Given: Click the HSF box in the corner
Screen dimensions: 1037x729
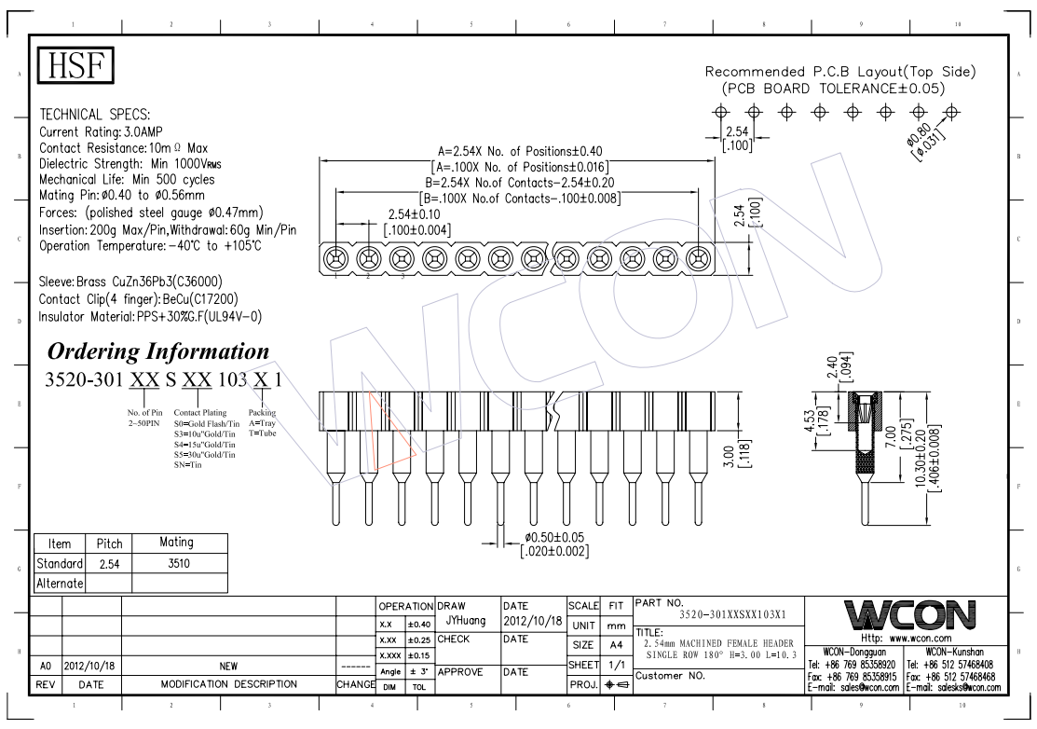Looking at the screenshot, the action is tap(75, 65).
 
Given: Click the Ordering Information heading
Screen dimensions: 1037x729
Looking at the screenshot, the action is tap(158, 351).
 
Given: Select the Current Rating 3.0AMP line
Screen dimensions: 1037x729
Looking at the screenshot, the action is tap(101, 131).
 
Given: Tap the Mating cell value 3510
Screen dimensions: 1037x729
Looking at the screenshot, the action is tap(179, 564).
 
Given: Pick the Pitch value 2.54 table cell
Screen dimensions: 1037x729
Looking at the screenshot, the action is tap(109, 564).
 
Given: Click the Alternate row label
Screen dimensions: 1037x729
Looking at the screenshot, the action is tap(60, 584).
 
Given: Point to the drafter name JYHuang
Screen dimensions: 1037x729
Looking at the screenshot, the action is tap(466, 621).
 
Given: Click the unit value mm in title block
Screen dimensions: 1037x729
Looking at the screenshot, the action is tap(617, 626).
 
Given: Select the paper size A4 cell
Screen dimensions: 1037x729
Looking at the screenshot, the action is tap(617, 644).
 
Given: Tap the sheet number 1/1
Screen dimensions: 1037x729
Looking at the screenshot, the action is tap(617, 665).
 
